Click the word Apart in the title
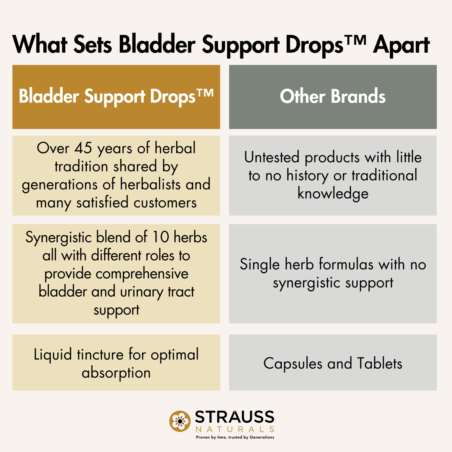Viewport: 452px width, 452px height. pyautogui.click(x=401, y=45)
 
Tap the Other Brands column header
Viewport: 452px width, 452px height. pyautogui.click(x=333, y=97)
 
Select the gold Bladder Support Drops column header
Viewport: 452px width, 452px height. pyautogui.click(x=116, y=97)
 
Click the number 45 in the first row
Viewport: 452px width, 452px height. pyautogui.click(x=83, y=148)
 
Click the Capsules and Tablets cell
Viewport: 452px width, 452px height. pyautogui.click(x=333, y=363)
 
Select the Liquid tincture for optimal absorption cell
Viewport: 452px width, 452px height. pyautogui.click(x=116, y=363)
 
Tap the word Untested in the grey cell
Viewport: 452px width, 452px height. pyautogui.click(x=272, y=157)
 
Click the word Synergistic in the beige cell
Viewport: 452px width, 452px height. pyautogui.click(x=58, y=238)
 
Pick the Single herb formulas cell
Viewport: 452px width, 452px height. pyautogui.click(x=333, y=274)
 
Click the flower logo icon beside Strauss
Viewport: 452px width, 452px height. pyautogui.click(x=180, y=421)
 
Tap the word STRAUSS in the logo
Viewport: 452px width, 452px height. pyautogui.click(x=234, y=417)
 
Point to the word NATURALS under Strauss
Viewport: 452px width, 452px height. pyautogui.click(x=235, y=429)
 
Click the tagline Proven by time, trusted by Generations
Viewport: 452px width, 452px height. pyautogui.click(x=235, y=437)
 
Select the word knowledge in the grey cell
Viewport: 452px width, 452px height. pyautogui.click(x=333, y=194)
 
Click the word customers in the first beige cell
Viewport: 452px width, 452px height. pyautogui.click(x=165, y=203)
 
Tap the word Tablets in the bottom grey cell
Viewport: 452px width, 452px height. pyautogui.click(x=380, y=363)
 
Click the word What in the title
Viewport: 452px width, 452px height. pyautogui.click(x=40, y=45)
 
